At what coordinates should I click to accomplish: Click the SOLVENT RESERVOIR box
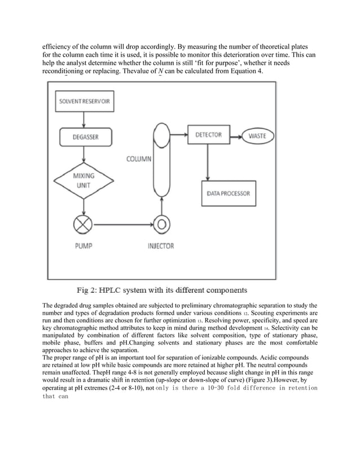pyautogui.click(x=84, y=105)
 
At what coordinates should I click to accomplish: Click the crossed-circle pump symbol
pyautogui.click(x=84, y=224)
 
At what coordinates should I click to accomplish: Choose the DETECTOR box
pyautogui.click(x=208, y=135)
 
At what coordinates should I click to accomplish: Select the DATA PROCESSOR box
pyautogui.click(x=228, y=194)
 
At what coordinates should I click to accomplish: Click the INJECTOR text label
pyautogui.click(x=161, y=246)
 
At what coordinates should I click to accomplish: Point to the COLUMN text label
pyautogui.click(x=138, y=159)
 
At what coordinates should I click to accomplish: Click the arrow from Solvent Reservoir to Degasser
pyautogui.click(x=84, y=120)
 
